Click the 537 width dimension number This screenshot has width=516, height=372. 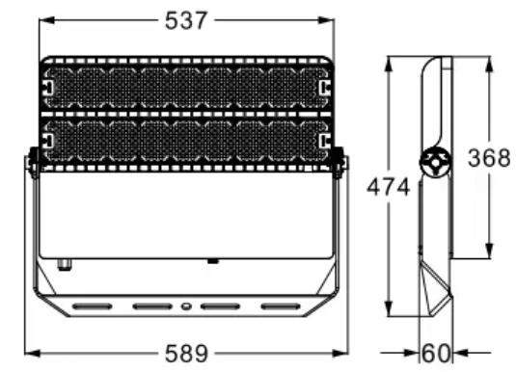[x=186, y=20]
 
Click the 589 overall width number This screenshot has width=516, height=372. [x=186, y=354]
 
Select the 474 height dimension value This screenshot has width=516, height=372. [x=389, y=187]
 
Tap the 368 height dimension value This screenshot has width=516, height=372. [x=489, y=158]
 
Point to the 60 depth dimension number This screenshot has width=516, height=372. [x=436, y=354]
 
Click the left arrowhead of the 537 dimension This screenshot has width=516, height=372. [x=46, y=20]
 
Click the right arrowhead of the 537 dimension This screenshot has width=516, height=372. [x=326, y=20]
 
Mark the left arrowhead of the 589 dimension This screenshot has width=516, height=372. [x=33, y=354]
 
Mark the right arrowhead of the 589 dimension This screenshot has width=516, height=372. [x=340, y=354]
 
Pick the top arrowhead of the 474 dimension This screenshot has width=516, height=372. [x=389, y=64]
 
